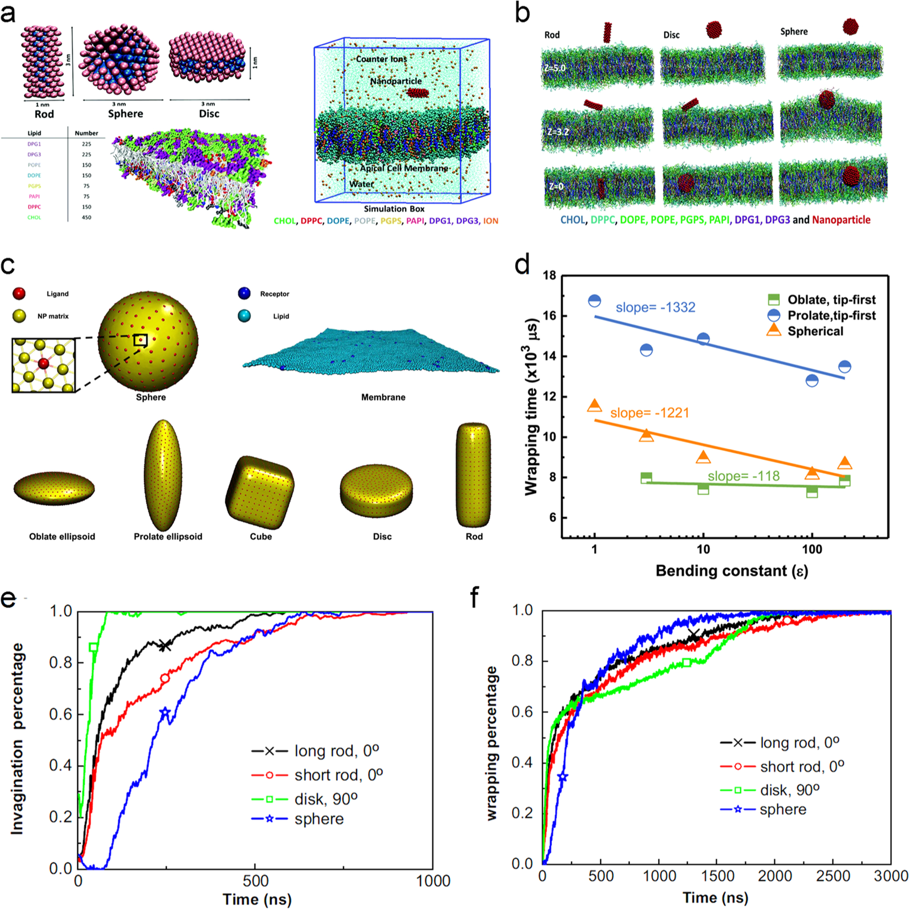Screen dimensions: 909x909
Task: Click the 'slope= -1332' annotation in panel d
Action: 656,307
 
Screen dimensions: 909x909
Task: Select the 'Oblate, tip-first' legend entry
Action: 831,300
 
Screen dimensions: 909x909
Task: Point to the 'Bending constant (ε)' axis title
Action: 731,571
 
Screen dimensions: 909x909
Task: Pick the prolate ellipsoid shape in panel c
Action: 163,476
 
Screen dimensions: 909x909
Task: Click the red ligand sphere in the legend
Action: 19,294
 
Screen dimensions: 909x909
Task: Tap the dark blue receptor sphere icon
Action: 244,294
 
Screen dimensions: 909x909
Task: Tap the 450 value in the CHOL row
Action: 87,217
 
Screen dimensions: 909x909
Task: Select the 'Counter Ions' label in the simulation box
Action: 381,60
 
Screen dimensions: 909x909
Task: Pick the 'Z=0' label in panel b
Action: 555,186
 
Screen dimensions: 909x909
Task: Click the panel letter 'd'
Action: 523,265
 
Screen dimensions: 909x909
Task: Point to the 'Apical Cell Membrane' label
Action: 404,168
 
